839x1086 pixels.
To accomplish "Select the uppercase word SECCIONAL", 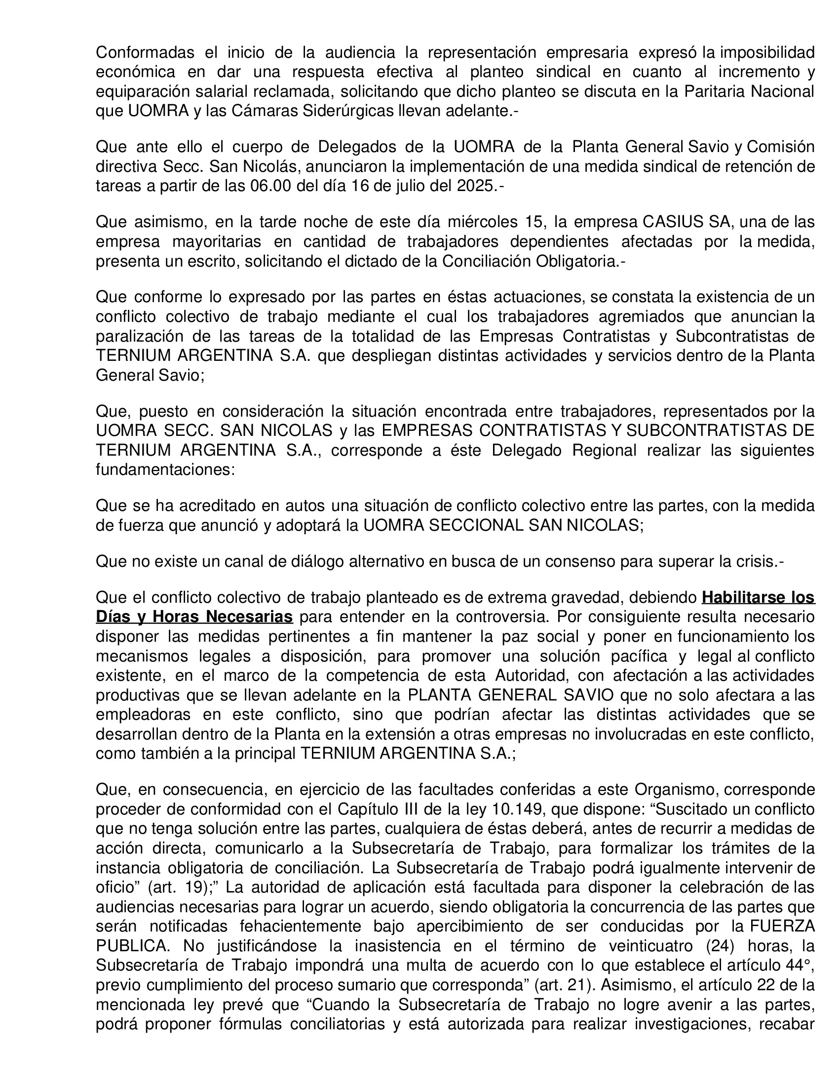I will click(476, 526).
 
